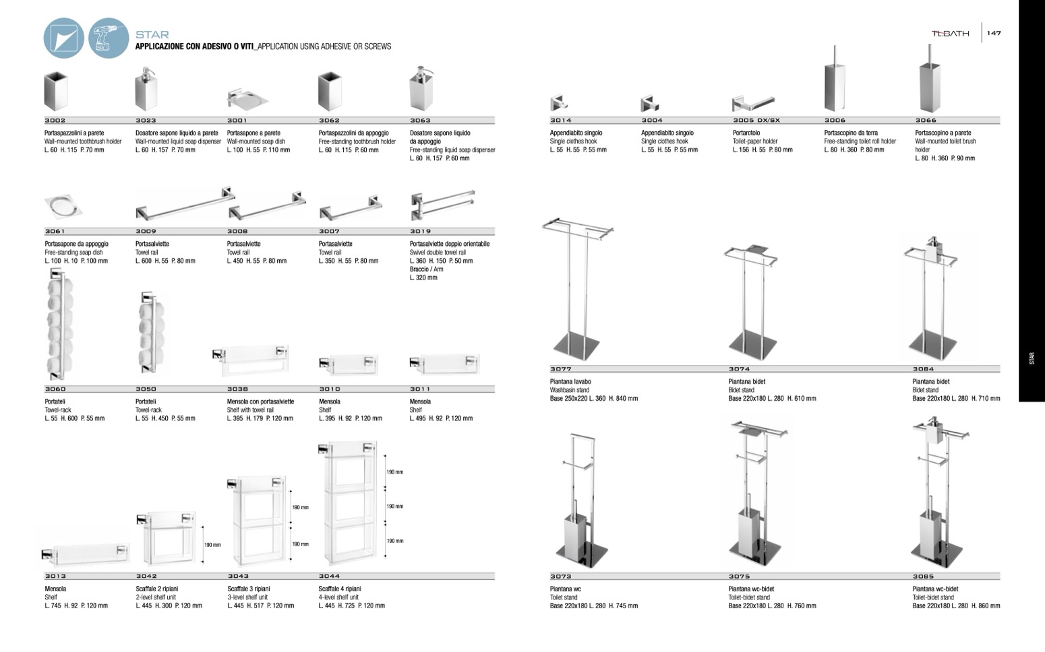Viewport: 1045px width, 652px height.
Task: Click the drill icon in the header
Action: [108, 38]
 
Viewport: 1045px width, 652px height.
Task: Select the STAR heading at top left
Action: [152, 34]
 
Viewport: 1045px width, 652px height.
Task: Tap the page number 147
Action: [994, 33]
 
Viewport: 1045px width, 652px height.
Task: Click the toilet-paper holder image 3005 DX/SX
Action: [752, 104]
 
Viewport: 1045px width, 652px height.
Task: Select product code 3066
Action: [926, 121]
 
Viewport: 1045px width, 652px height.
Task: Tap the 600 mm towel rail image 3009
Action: [185, 203]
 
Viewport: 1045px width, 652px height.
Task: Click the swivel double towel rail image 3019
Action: [442, 205]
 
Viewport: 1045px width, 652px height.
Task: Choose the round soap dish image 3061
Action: [65, 205]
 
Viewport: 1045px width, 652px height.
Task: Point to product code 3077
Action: [560, 369]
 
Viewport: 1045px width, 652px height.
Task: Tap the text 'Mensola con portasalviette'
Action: [260, 401]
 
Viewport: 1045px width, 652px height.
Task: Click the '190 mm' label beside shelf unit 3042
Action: [212, 544]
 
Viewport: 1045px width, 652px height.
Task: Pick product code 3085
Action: [923, 577]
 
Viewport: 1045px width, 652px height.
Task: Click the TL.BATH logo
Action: [950, 33]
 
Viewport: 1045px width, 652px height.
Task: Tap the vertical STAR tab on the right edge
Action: [1032, 358]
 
